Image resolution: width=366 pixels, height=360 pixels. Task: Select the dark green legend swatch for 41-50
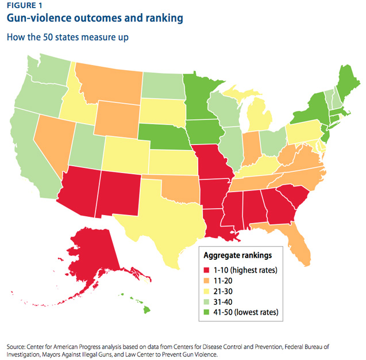pos(207,312)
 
